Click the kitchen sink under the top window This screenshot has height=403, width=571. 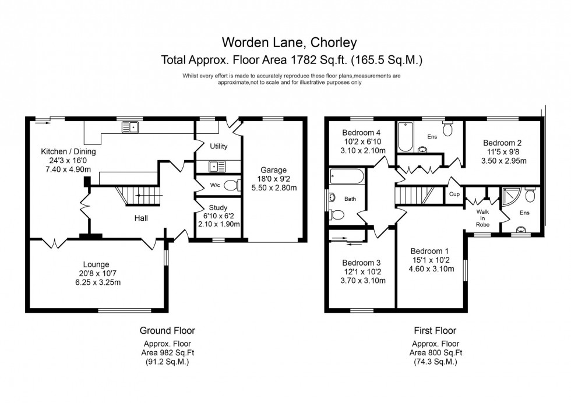pos(129,126)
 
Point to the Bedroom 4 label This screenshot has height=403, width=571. pos(361,132)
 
